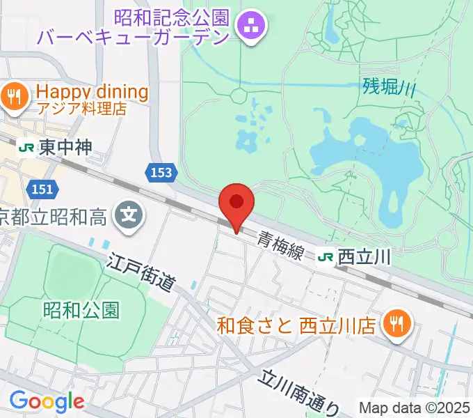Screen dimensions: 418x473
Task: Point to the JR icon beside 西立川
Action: [x=325, y=257]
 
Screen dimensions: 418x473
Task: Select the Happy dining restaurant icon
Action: [x=14, y=96]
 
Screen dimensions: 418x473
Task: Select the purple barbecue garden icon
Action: [x=249, y=27]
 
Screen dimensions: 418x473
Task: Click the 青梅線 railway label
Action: [x=280, y=245]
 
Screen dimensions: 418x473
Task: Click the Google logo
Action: [x=47, y=401]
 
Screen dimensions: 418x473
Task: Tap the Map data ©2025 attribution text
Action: [x=413, y=408]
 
